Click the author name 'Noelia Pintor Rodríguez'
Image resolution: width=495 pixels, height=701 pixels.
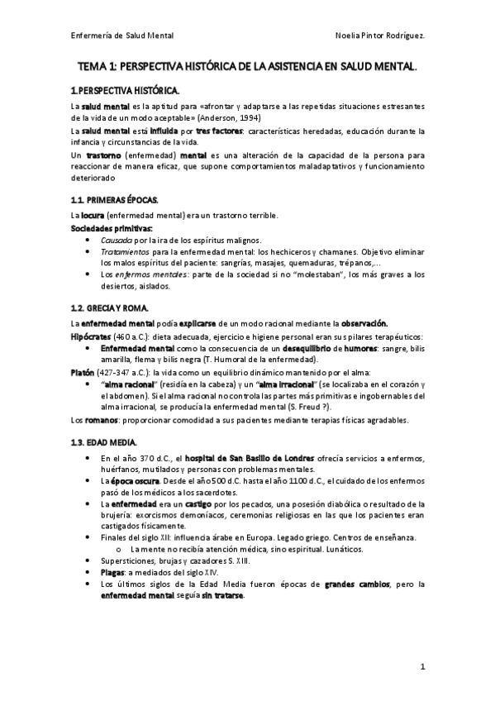tap(382, 36)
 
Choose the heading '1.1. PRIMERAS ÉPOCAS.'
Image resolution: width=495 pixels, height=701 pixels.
tap(113, 201)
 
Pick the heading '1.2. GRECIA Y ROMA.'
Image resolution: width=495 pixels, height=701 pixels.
tap(110, 308)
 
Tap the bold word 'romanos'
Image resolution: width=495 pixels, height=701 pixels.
tap(101, 420)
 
